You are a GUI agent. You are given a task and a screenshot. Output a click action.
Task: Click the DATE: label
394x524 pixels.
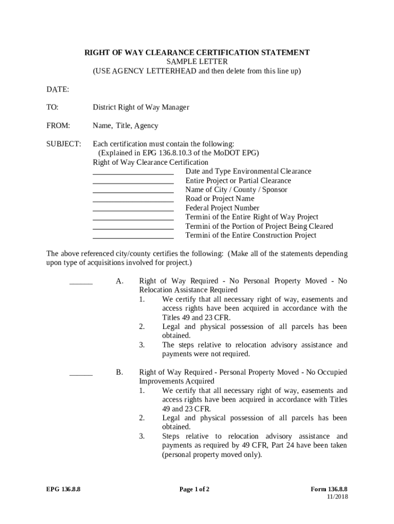[58, 90]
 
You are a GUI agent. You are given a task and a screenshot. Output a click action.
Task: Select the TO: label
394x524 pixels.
[53, 107]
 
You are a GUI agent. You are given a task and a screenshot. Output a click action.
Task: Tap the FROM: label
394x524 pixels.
[58, 126]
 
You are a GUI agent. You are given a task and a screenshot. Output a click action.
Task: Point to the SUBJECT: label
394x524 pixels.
[63, 144]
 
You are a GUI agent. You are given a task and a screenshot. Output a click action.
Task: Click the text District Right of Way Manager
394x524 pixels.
[141, 107]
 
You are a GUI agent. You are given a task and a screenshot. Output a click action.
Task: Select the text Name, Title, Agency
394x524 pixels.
[125, 126]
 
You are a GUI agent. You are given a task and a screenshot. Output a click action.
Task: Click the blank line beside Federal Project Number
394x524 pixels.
[133, 210]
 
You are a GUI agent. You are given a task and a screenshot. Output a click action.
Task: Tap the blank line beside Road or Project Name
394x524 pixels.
[133, 201]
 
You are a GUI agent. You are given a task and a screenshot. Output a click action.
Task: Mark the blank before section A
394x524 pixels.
[81, 283]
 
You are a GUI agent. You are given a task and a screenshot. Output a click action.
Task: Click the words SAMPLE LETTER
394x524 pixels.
[196, 62]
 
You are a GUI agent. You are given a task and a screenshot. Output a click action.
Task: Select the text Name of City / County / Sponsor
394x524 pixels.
[236, 190]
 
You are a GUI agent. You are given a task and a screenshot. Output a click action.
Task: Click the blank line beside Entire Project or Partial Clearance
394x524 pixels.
[133, 183]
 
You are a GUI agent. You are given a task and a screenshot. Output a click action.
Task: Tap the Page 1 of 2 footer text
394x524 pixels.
[194, 489]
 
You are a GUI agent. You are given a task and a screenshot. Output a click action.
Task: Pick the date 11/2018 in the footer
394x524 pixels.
[337, 497]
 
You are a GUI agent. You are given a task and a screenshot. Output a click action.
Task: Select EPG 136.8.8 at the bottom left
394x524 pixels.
[63, 489]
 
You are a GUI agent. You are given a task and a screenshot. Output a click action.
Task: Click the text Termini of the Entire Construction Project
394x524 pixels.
[251, 235]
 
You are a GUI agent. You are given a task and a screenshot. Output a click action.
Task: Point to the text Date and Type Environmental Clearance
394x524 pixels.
[248, 171]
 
